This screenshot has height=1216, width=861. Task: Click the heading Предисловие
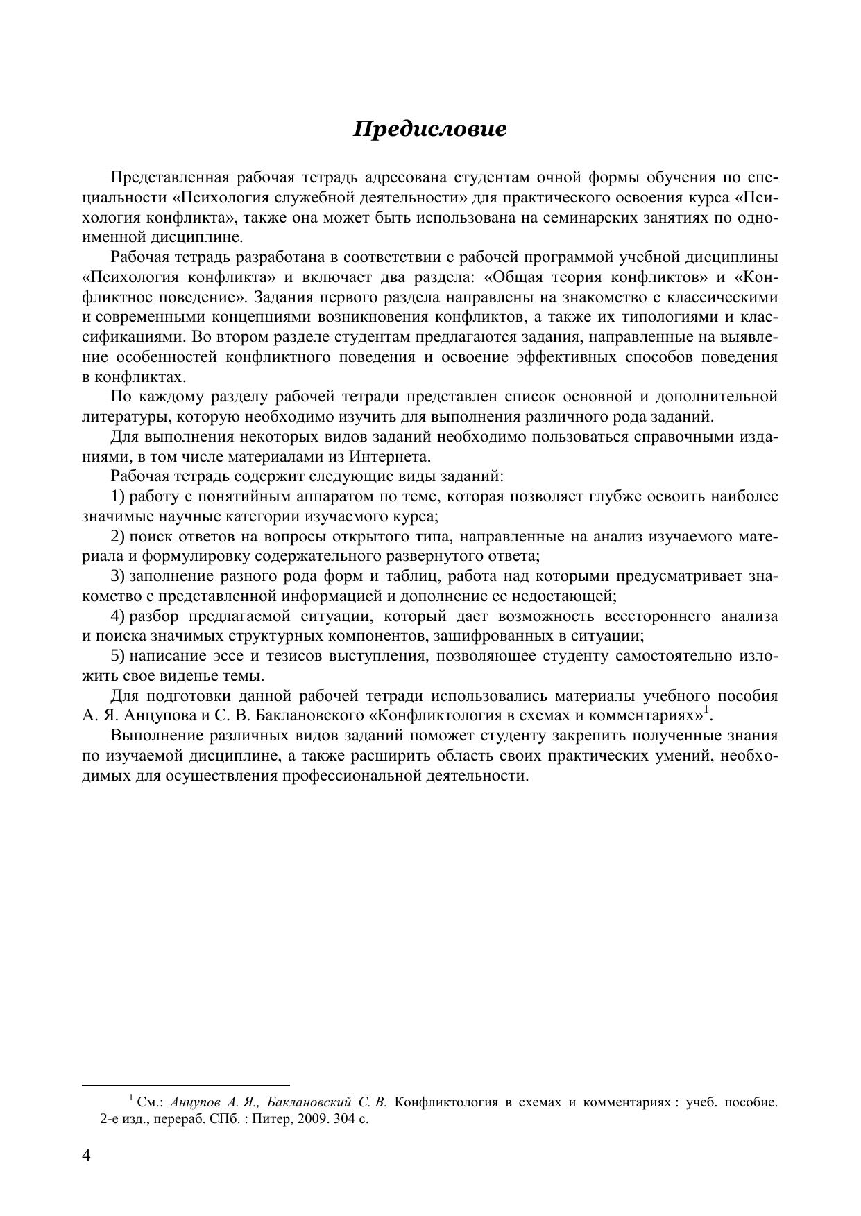pyautogui.click(x=429, y=129)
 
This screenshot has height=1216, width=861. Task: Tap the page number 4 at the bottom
pyautogui.click(x=86, y=1155)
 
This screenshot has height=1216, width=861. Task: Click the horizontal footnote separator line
pyautogui.click(x=185, y=1086)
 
